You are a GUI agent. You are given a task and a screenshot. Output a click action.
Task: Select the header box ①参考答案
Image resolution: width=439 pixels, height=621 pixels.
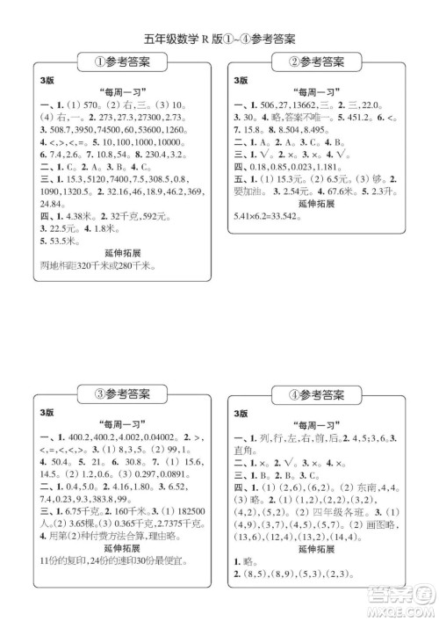pyautogui.click(x=121, y=62)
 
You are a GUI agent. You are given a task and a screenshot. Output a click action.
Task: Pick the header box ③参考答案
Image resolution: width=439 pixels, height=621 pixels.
pyautogui.click(x=121, y=392)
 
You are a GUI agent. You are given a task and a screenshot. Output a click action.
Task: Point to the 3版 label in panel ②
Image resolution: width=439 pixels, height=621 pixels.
pyautogui.click(x=241, y=81)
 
